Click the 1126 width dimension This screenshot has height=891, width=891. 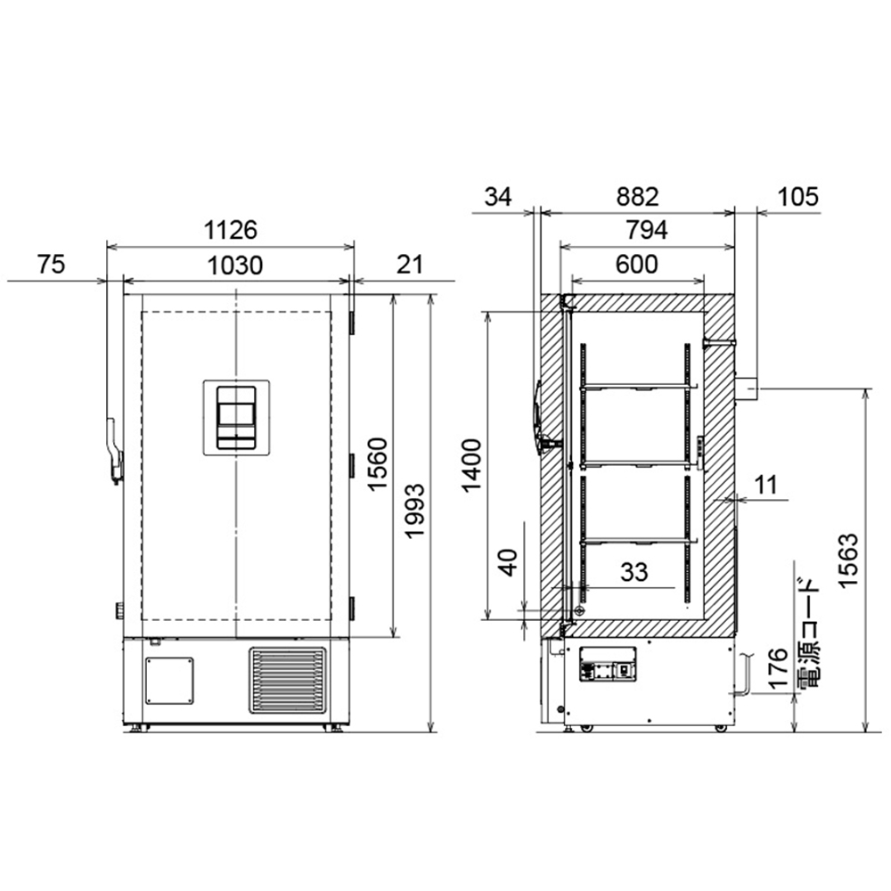tap(231, 230)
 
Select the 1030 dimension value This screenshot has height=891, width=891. tap(234, 266)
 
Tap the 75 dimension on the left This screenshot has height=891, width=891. tap(51, 265)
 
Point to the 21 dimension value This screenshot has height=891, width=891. tap(410, 265)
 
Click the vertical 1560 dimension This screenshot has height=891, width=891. tap(377, 463)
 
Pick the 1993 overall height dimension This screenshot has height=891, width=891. tap(414, 511)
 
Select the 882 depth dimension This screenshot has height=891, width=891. tap(638, 197)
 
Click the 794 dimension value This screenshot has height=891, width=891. tap(647, 230)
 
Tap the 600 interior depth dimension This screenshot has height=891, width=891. tap(636, 265)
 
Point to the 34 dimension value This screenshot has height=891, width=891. tap(498, 197)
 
